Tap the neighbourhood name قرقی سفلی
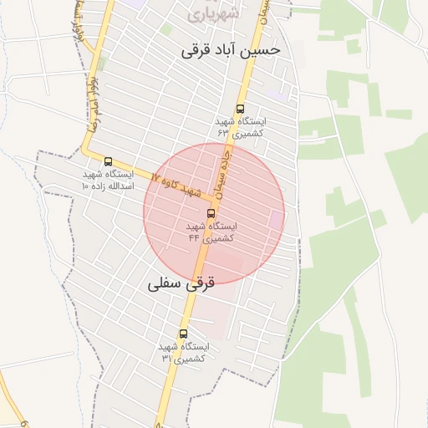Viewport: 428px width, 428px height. [x=181, y=283]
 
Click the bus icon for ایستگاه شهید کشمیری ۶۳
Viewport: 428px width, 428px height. [x=241, y=109]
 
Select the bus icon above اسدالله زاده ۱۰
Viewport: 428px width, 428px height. [x=108, y=161]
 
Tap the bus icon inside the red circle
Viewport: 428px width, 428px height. [x=210, y=213]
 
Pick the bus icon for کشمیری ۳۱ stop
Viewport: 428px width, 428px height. [x=183, y=334]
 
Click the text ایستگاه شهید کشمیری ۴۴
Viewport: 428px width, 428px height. [x=210, y=232]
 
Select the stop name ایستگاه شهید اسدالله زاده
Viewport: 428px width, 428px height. [x=108, y=180]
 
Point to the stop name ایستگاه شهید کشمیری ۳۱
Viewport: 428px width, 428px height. [x=183, y=352]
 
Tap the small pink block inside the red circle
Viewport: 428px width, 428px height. [x=276, y=220]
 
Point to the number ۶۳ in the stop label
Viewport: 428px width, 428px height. [x=223, y=133]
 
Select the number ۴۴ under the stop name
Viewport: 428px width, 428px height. [x=194, y=238]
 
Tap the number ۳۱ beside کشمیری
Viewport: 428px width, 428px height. [x=166, y=358]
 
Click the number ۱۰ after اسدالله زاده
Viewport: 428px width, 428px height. [x=86, y=186]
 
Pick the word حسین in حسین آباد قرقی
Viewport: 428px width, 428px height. [x=263, y=50]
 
